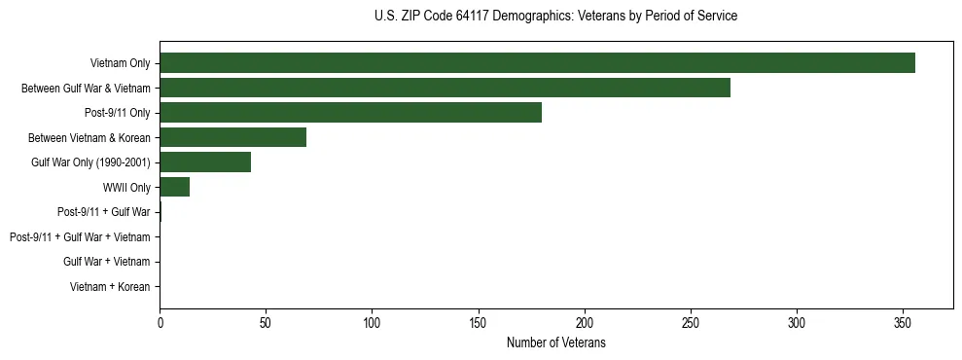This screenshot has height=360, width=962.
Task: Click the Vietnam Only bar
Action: (x=537, y=63)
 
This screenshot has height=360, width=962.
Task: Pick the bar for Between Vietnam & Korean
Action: (x=232, y=137)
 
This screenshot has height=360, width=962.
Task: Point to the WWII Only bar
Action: (x=174, y=188)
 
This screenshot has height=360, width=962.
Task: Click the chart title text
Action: (x=555, y=17)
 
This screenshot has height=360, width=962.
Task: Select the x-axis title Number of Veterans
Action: (x=555, y=342)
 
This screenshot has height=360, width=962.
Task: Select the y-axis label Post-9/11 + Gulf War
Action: (x=104, y=212)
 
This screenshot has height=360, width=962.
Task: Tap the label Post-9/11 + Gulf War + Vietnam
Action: (x=80, y=237)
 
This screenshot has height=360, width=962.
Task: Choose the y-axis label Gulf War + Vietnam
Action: (x=106, y=262)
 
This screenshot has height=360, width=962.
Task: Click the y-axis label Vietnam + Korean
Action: (x=110, y=287)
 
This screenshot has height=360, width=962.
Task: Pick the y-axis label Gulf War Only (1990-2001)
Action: (x=90, y=162)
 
